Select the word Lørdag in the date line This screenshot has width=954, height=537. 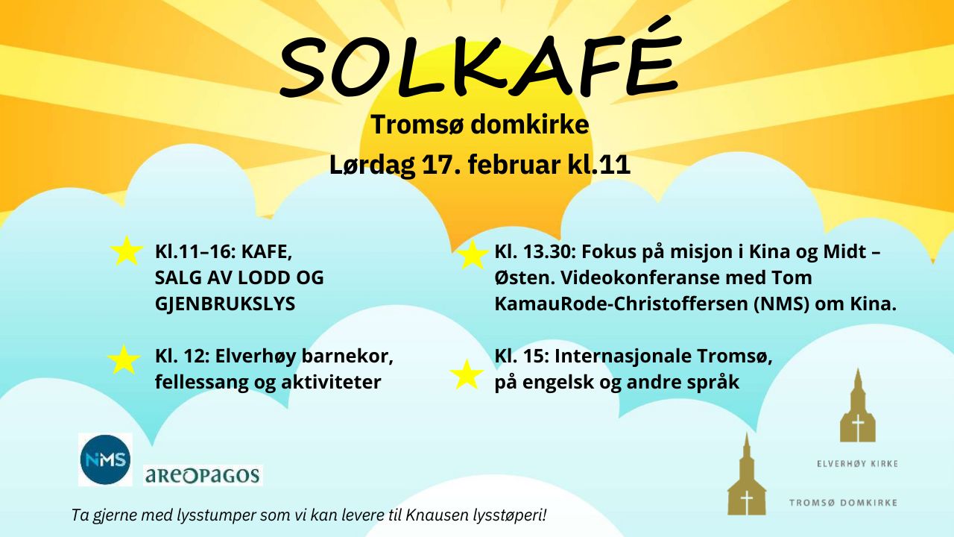[372, 166]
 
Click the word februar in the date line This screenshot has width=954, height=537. [514, 165]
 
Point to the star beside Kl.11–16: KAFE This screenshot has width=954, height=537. [127, 251]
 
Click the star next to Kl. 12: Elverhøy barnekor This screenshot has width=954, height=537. [124, 359]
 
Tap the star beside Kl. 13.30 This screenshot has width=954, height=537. [472, 255]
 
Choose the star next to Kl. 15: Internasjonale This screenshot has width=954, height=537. [467, 374]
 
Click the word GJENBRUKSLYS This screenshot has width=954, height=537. [225, 304]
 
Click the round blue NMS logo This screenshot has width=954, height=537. [105, 460]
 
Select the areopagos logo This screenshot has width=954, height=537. [203, 475]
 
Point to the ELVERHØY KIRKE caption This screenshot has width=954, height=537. [857, 464]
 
